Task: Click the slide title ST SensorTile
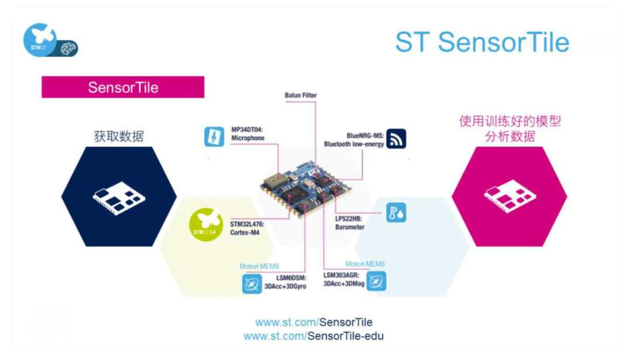pyautogui.click(x=482, y=42)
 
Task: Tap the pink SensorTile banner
pyautogui.click(x=123, y=87)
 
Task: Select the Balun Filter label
pyautogui.click(x=301, y=95)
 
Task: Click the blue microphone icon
pyautogui.click(x=214, y=136)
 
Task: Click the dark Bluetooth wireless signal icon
pyautogui.click(x=396, y=139)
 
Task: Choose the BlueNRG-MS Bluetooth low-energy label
pyautogui.click(x=354, y=139)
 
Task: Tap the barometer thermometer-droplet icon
pyautogui.click(x=396, y=213)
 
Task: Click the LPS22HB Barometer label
pyautogui.click(x=350, y=222)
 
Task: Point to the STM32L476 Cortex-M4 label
pyautogui.click(x=245, y=228)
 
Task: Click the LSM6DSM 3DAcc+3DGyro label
pyautogui.click(x=285, y=282)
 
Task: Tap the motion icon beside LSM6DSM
pyautogui.click(x=252, y=284)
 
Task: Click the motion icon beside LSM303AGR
pyautogui.click(x=376, y=282)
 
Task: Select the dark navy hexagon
pyautogui.click(x=119, y=197)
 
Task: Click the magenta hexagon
pyautogui.click(x=509, y=196)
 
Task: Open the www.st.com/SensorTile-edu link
pyautogui.click(x=314, y=336)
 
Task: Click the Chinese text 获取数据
pyautogui.click(x=119, y=136)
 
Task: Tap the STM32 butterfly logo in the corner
pyautogui.click(x=40, y=40)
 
